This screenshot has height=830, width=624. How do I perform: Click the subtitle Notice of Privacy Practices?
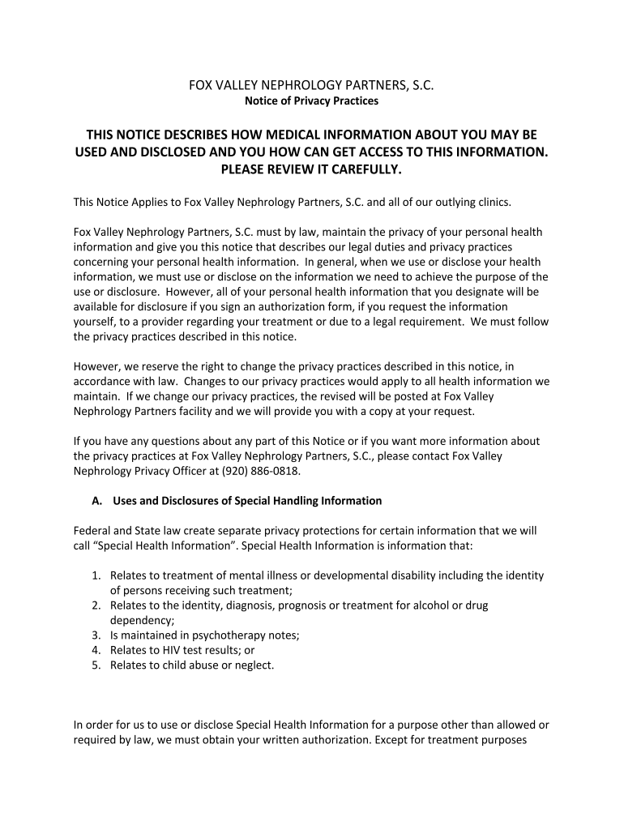(312, 101)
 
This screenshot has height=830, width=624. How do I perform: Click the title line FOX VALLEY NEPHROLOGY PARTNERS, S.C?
(312, 85)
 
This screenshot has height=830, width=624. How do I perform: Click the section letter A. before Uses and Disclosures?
(96, 501)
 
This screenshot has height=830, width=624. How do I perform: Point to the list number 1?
(96, 575)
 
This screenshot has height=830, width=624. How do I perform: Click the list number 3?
(96, 635)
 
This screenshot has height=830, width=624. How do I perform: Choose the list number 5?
(96, 665)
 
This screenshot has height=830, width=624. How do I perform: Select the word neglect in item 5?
(251, 665)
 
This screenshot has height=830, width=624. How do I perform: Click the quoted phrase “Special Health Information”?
(167, 545)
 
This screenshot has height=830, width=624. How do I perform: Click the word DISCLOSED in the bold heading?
(178, 152)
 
